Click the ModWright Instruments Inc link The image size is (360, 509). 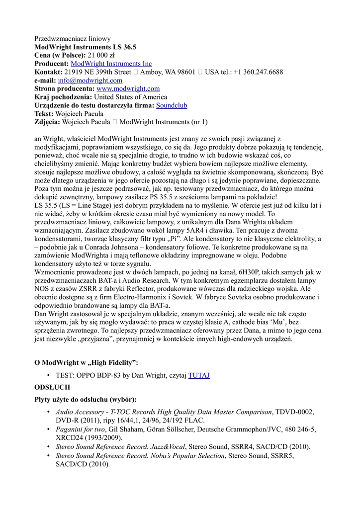pyautogui.click(x=111, y=64)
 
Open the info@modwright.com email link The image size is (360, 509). pyautogui.click(x=90, y=80)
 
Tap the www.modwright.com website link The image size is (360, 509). pyautogui.click(x=128, y=88)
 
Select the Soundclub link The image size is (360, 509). pyautogui.click(x=172, y=105)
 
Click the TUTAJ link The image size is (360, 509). pyautogui.click(x=199, y=375)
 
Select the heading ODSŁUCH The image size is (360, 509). pyautogui.click(x=52, y=387)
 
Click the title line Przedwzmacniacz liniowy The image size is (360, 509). pyautogui.click(x=73, y=38)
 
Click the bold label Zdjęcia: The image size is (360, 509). pyautogui.click(x=47, y=122)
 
